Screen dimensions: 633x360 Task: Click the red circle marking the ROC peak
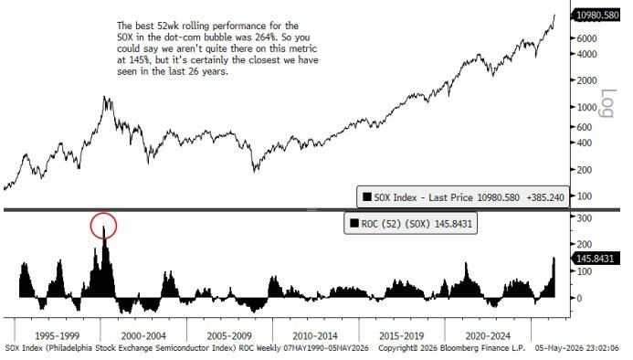pyautogui.click(x=103, y=215)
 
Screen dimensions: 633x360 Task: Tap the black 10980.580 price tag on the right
pyautogui.click(x=596, y=16)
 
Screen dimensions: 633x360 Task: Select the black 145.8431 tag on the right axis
pyautogui.click(x=595, y=259)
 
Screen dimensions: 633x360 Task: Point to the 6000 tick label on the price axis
pyautogui.click(x=586, y=38)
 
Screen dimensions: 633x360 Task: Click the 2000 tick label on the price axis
pyautogui.click(x=586, y=80)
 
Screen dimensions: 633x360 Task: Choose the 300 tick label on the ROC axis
pyautogui.click(x=585, y=218)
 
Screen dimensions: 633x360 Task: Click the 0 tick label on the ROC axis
pyautogui.click(x=579, y=298)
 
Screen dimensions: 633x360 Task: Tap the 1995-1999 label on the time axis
pyautogui.click(x=58, y=335)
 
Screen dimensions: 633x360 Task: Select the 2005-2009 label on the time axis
pyautogui.click(x=229, y=335)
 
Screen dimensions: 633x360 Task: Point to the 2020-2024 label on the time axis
pyautogui.click(x=488, y=335)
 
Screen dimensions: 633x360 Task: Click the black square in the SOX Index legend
pyautogui.click(x=367, y=196)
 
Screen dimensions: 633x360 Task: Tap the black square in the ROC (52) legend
pyautogui.click(x=354, y=223)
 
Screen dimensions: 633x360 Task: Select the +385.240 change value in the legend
pyautogui.click(x=545, y=197)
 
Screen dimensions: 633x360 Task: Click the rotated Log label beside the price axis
pyautogui.click(x=607, y=103)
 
